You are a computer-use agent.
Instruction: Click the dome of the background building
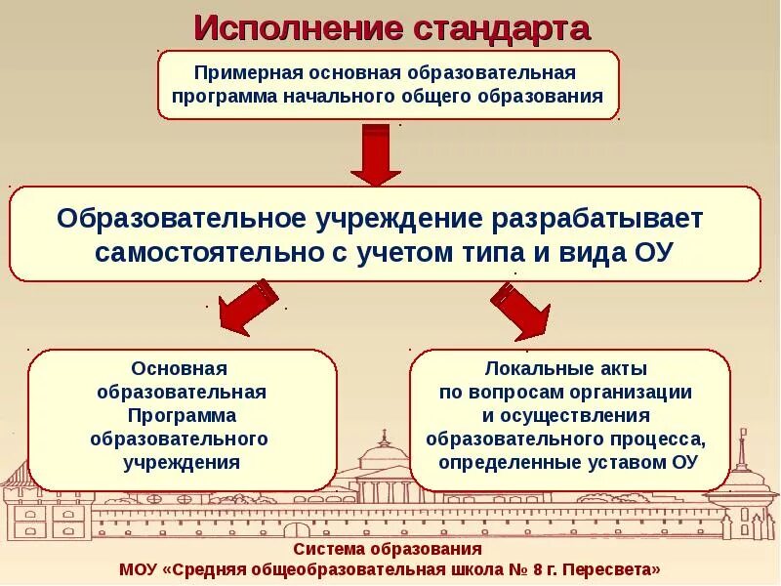(x=388, y=450)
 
